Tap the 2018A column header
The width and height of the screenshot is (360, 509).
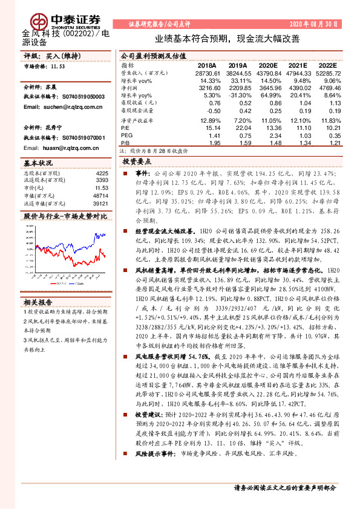(x=207, y=65)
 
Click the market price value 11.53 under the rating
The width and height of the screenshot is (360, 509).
(x=57, y=66)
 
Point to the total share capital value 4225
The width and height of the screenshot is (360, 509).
(x=102, y=173)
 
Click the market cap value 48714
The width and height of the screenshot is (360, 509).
(x=100, y=196)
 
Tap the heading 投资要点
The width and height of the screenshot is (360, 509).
(x=136, y=162)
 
